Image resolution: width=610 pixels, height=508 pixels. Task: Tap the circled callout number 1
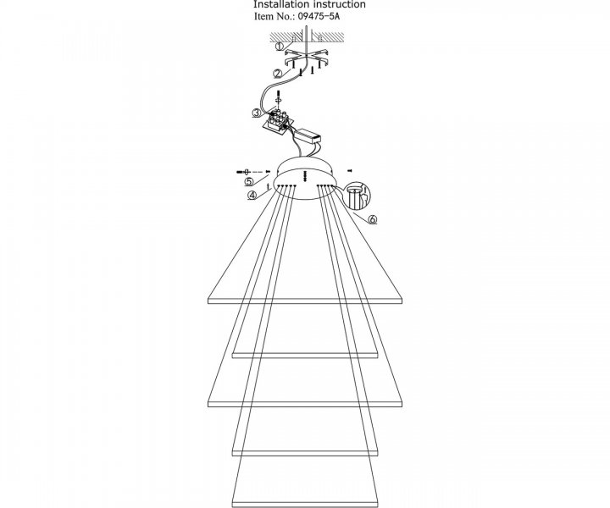click(280, 47)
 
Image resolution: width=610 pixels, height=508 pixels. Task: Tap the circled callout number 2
click(277, 74)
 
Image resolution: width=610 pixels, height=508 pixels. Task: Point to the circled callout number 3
click(256, 113)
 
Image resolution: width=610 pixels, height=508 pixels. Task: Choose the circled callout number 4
click(252, 195)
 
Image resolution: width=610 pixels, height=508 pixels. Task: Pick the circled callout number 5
click(249, 181)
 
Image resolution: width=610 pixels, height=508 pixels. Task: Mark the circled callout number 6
click(373, 219)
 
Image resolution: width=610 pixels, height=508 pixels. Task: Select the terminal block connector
click(278, 121)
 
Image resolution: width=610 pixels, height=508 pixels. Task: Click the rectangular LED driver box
click(308, 135)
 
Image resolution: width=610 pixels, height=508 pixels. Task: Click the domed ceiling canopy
click(305, 178)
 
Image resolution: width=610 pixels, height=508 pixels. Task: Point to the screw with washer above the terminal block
click(278, 98)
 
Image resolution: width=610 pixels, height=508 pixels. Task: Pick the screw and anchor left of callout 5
click(244, 171)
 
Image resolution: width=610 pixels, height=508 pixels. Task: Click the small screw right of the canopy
click(349, 170)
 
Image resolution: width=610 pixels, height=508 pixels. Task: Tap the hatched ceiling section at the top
click(308, 37)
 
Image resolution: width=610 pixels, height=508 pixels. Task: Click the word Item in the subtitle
click(263, 16)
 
